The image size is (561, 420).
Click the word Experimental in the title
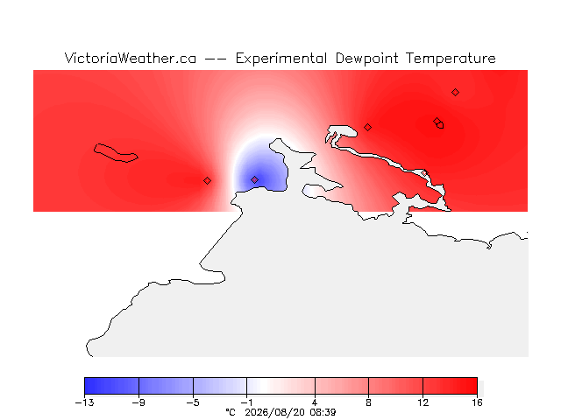(281, 59)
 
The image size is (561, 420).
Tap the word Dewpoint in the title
(366, 59)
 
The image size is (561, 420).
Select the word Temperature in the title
(451, 59)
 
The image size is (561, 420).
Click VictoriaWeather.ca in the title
(131, 59)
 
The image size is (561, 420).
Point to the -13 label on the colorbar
(85, 402)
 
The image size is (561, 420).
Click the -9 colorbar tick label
(138, 402)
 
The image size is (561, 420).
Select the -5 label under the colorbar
(193, 402)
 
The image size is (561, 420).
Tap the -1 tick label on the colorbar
(246, 402)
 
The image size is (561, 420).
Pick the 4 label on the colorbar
(315, 402)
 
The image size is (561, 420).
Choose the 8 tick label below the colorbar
(368, 402)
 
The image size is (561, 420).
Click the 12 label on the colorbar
(423, 402)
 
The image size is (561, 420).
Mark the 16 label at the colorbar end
(477, 402)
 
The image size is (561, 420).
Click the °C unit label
(231, 412)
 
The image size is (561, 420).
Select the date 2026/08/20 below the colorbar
(274, 412)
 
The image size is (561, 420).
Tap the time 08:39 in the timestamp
(323, 412)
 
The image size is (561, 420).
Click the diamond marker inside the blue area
(254, 179)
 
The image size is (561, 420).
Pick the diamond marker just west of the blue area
(207, 181)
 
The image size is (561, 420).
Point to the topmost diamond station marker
(455, 93)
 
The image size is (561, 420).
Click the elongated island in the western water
(115, 153)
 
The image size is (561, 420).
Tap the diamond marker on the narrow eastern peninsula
(424, 173)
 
